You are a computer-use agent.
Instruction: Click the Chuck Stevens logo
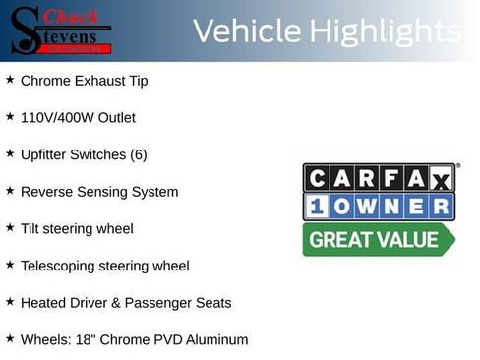(x=61, y=30)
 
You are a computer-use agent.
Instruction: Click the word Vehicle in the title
(x=247, y=31)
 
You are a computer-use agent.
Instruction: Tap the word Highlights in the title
(x=385, y=31)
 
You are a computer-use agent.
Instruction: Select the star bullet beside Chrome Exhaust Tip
(x=10, y=79)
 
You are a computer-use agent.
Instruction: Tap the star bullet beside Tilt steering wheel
(x=10, y=227)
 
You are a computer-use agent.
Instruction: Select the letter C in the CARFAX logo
(x=317, y=178)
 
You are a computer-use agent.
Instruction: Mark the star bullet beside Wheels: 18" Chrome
(x=10, y=338)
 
